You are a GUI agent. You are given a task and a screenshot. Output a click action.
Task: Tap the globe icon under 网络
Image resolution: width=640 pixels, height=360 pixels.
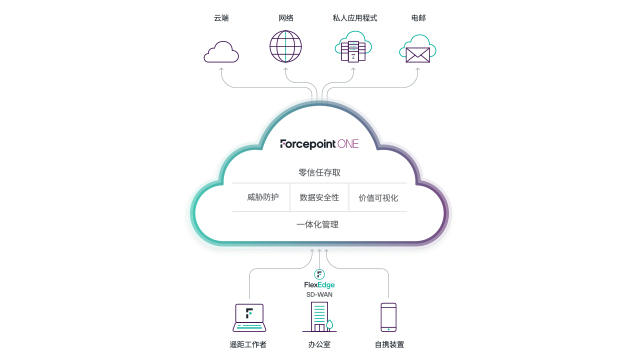(x=285, y=47)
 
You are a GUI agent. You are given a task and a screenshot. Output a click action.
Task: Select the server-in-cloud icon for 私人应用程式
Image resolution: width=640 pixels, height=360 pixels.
(x=353, y=47)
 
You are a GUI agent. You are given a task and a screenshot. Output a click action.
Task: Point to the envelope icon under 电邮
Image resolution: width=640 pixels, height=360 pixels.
(x=417, y=49)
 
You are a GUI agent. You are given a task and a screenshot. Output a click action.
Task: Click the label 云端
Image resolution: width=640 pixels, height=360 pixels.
(x=222, y=18)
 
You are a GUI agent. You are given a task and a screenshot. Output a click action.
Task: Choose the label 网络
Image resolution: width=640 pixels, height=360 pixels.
(x=286, y=18)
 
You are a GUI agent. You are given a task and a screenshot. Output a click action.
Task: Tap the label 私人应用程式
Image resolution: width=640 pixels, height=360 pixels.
(x=353, y=18)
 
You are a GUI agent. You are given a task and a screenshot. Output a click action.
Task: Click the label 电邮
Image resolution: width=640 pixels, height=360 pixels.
(x=417, y=18)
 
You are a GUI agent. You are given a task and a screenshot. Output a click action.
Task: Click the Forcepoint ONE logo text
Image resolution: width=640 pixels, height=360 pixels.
(x=319, y=143)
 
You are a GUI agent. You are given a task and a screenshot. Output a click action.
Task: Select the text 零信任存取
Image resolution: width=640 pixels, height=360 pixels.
(x=319, y=172)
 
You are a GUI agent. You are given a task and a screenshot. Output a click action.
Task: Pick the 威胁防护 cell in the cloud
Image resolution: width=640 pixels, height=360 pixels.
(x=263, y=197)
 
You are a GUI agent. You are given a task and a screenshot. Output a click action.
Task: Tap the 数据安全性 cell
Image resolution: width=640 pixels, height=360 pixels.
(x=319, y=197)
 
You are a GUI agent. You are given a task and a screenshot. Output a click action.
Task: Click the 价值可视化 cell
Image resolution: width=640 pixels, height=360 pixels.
(x=378, y=197)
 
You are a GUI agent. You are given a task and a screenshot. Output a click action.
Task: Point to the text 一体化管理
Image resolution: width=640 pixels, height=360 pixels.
(x=319, y=224)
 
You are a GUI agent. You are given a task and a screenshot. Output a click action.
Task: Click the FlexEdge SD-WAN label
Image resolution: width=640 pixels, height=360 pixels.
(x=319, y=287)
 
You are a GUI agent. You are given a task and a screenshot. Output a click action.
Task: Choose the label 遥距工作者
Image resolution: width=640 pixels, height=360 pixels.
(x=249, y=344)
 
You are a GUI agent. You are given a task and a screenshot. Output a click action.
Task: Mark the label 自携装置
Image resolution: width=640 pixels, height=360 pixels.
(x=389, y=344)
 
